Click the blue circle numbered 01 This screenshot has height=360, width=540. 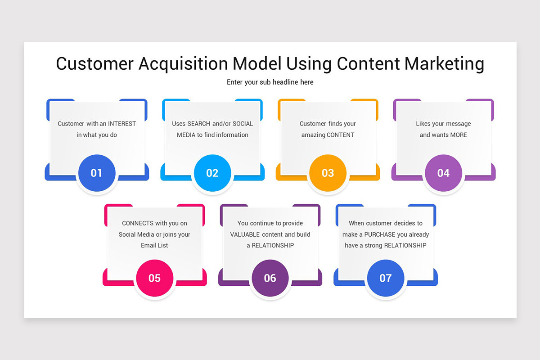click(x=97, y=173)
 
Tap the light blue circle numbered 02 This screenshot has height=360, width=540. click(x=212, y=173)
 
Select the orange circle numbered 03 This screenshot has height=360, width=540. click(x=328, y=173)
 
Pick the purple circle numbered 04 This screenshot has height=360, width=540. click(x=443, y=173)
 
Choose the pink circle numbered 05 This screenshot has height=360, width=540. click(x=154, y=278)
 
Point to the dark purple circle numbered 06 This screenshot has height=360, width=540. click(x=270, y=278)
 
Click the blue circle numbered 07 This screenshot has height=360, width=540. click(x=386, y=278)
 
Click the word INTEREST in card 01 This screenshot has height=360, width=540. click(x=122, y=124)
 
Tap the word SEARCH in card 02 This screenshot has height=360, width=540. click(x=199, y=124)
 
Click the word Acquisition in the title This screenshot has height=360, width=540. click(x=183, y=64)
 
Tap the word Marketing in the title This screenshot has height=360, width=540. click(x=444, y=64)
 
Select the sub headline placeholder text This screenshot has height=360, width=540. click(x=270, y=82)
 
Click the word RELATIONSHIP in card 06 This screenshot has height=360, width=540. click(x=273, y=245)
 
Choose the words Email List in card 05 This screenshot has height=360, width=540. click(x=154, y=245)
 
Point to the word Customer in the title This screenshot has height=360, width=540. click(x=95, y=63)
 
